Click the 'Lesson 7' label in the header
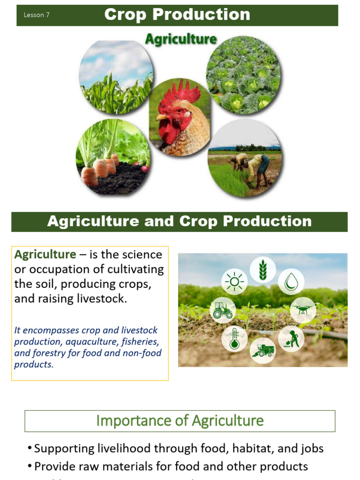point(37,15)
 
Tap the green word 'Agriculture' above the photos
point(180,39)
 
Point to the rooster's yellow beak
point(162,117)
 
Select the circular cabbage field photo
point(243,75)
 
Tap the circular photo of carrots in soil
point(113,157)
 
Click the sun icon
point(234,282)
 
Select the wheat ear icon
point(262,270)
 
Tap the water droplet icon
point(291,282)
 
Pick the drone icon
point(302,309)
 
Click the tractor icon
point(222,310)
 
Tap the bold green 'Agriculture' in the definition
point(45,255)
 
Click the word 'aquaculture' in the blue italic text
point(90,342)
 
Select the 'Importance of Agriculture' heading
point(180,420)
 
